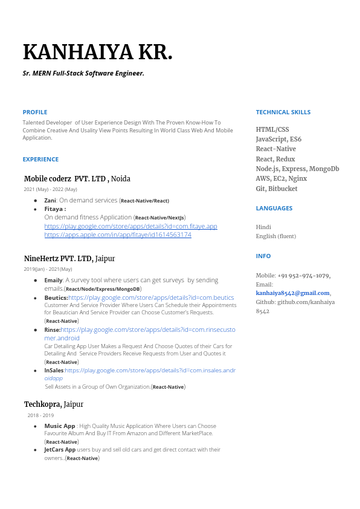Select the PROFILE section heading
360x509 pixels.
pos(35,112)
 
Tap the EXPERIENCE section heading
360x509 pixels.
pos(40,160)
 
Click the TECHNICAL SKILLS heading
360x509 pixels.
pos(283,112)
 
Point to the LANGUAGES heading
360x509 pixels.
pos(274,208)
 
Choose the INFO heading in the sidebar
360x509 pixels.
pos(263,256)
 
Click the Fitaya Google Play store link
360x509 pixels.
pos(130,226)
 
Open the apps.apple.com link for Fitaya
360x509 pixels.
pos(118,235)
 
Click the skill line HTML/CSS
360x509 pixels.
pos(272,129)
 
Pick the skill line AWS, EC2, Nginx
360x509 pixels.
pos(281,179)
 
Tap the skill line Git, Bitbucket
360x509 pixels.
pos(277,189)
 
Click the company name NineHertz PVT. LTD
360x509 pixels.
pos(58,259)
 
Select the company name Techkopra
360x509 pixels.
pos(43,404)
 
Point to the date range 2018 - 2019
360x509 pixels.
pos(40,415)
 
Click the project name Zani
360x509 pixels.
pos(50,200)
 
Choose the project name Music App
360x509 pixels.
pos(60,426)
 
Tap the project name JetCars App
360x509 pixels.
pos(60,450)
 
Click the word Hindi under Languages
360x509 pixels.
pos(263,227)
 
